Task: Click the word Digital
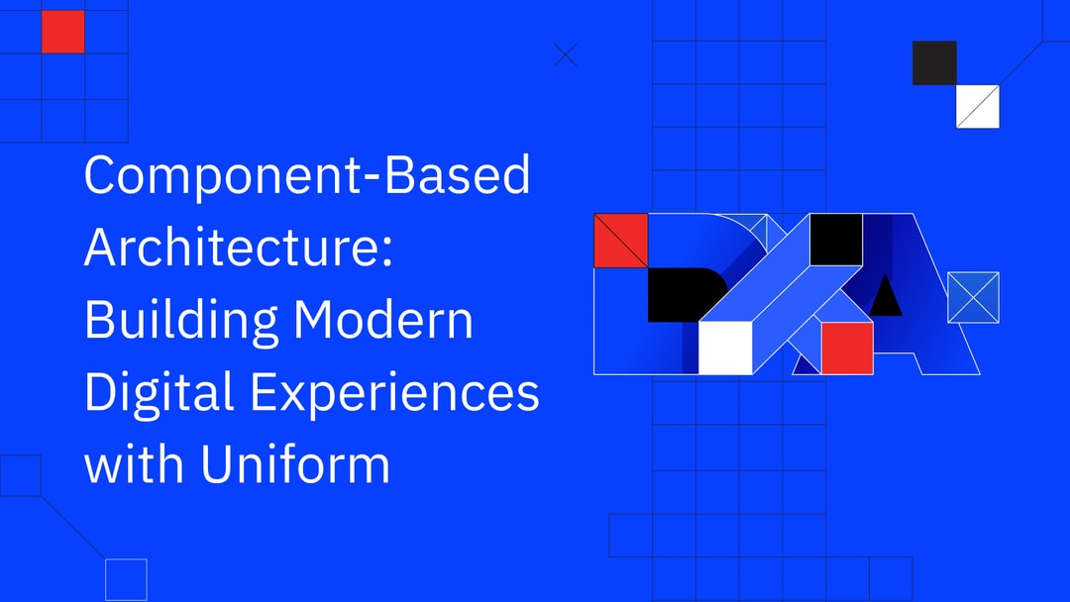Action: [158, 394]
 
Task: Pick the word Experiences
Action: [394, 394]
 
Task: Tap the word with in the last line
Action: [133, 463]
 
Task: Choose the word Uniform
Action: [295, 463]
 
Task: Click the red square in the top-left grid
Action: [62, 32]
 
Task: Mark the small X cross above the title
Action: [565, 55]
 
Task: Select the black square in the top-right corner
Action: [934, 62]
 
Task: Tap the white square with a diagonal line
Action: [977, 107]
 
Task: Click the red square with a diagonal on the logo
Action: [620, 241]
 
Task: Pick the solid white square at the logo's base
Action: [725, 348]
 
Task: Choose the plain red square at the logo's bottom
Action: [847, 349]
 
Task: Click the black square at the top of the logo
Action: [835, 240]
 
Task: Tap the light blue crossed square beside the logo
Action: [973, 297]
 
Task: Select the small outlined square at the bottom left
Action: [126, 579]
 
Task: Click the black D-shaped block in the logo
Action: [679, 294]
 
